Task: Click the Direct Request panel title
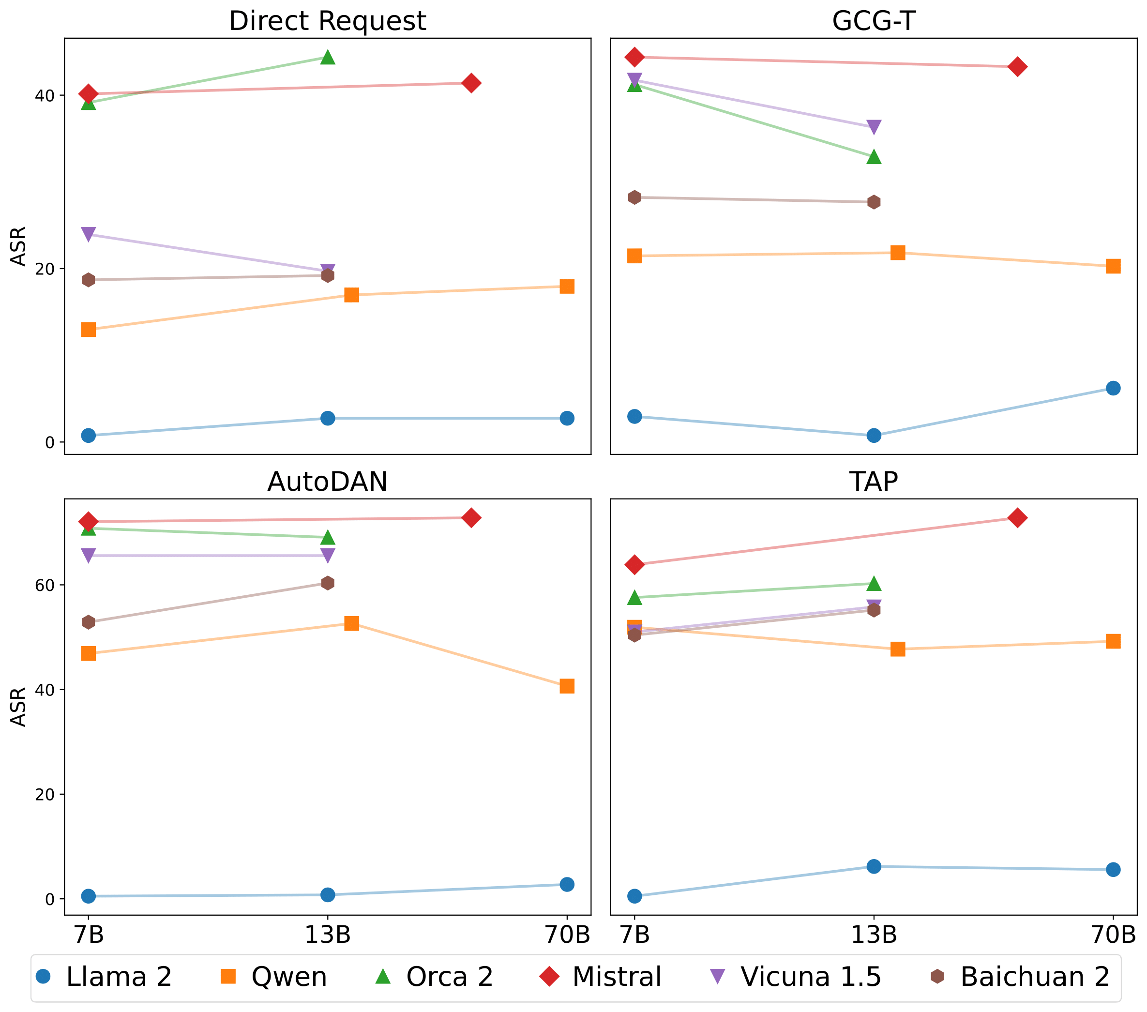coord(327,21)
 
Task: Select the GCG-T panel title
coord(873,21)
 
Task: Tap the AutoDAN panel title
coord(327,482)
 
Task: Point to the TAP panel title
coord(873,482)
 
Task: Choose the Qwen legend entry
coord(274,977)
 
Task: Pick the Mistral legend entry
coord(601,977)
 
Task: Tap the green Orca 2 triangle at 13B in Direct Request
coord(328,57)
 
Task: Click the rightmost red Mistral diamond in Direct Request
coord(471,83)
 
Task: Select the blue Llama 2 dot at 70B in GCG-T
coord(1113,388)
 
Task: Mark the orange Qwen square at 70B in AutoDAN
coord(567,686)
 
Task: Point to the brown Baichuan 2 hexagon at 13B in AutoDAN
coord(328,583)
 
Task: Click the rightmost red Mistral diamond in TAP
coord(1017,518)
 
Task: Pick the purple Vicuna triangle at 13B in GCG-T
coord(874,127)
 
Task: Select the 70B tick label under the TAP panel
coord(1113,935)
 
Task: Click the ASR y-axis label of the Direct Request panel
coord(18,246)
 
